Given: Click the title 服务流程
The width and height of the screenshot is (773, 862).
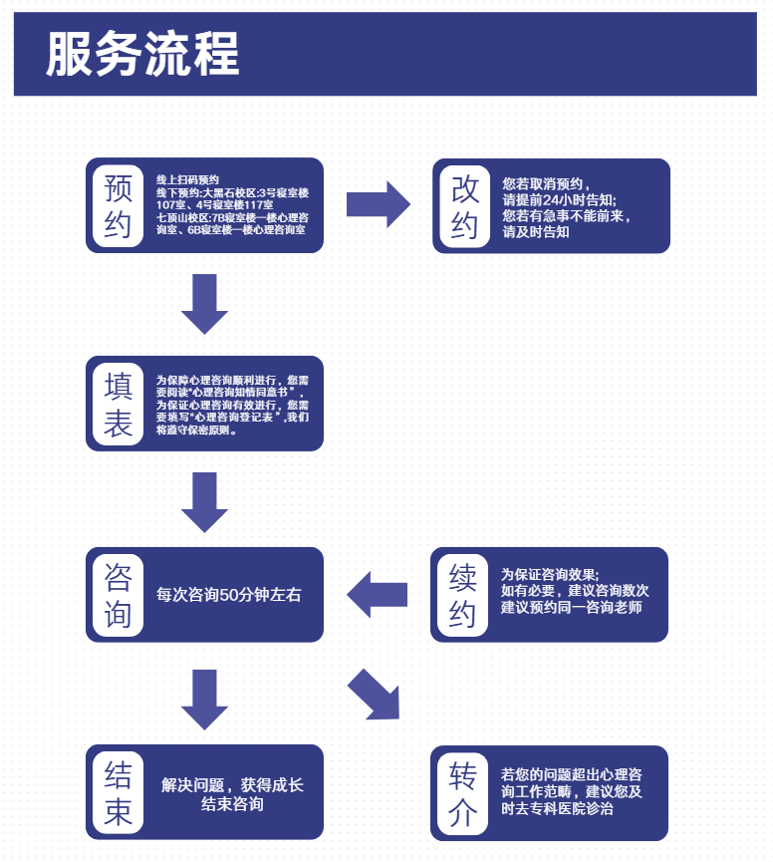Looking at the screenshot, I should click(x=142, y=54).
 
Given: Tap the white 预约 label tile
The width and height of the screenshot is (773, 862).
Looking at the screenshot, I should click(x=118, y=205).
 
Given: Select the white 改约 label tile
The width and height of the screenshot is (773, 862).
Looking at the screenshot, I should click(x=464, y=205).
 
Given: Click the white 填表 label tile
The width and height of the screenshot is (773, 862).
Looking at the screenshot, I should click(x=118, y=404).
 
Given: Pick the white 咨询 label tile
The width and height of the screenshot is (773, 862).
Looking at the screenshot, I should click(x=118, y=594).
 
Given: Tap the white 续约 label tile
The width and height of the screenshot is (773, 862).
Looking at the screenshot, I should click(x=462, y=594).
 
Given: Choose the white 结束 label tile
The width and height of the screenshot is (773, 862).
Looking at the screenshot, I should click(x=118, y=792).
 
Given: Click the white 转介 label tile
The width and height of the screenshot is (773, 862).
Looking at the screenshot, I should click(x=462, y=792).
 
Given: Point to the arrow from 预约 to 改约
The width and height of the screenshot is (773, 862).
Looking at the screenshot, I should click(x=378, y=204).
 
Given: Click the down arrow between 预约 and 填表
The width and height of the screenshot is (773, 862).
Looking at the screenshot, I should click(x=205, y=304).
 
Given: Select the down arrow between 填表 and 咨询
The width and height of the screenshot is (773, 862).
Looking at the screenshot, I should click(x=205, y=502).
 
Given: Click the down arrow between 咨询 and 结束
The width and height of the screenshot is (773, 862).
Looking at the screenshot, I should click(x=205, y=699).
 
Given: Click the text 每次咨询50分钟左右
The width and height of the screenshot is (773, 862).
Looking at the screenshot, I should click(x=229, y=595).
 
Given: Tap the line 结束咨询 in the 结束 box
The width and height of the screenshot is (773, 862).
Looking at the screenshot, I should click(x=232, y=804).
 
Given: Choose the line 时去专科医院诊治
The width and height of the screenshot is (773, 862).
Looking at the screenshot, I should click(x=558, y=809).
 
